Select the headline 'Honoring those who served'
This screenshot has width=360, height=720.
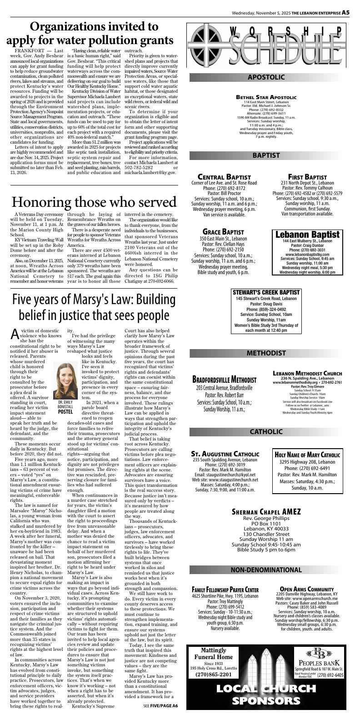tap(94, 202)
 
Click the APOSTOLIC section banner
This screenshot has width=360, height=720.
tap(266, 77)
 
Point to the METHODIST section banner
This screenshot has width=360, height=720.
tap(266, 353)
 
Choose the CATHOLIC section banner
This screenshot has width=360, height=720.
tap(266, 431)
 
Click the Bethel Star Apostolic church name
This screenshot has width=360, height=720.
tap(266, 97)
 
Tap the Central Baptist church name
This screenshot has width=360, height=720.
tap(224, 177)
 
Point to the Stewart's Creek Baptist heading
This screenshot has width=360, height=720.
tap(266, 292)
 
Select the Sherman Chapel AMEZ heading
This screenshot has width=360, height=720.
tap(266, 511)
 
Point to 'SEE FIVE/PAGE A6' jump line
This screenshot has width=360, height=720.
tap(160, 706)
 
